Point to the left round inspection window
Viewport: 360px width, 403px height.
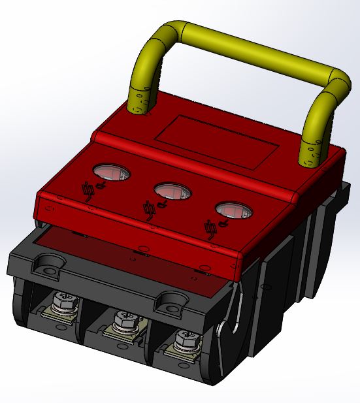[x=111, y=172]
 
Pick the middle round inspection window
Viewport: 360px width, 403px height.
[x=172, y=191]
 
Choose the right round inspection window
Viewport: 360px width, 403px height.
[x=233, y=210]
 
